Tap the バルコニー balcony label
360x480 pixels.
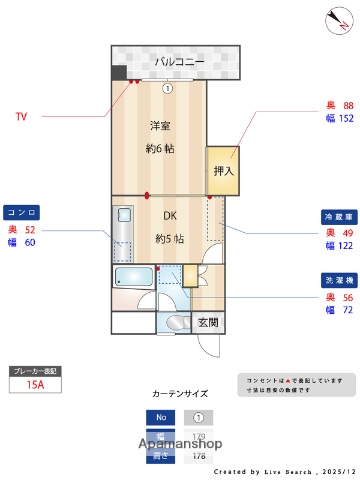pos(180,62)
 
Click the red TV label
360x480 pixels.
pos(21,117)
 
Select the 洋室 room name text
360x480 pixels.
pos(159,125)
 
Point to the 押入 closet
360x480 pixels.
pos(222,171)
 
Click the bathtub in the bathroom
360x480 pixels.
pos(133,277)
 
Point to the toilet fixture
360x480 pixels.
pos(177,322)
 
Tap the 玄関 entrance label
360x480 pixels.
pos(208,322)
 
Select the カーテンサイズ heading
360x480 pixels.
pos(180,394)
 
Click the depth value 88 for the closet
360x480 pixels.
pos(348,105)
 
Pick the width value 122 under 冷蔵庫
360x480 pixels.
pos(346,246)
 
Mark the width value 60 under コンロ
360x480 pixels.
pos(30,242)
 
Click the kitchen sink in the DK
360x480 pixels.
pos(124,217)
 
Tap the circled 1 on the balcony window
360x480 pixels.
pos(168,88)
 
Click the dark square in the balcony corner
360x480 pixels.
pos(119,73)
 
